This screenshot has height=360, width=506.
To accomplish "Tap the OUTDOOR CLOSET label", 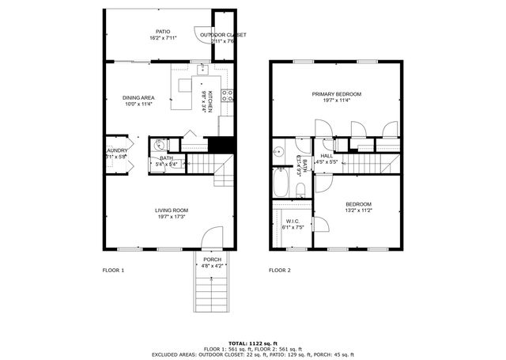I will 223,35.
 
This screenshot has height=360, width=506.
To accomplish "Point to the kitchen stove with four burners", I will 228,97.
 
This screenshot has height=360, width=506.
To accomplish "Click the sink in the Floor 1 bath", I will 160,145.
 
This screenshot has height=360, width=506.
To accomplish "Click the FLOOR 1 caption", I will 113,271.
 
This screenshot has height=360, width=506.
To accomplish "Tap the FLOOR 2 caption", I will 280,271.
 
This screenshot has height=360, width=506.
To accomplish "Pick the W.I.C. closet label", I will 293,224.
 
